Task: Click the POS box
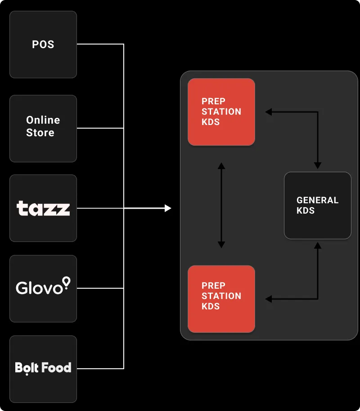(43, 45)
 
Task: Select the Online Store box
(43, 128)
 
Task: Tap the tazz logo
(43, 208)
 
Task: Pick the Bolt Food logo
(43, 368)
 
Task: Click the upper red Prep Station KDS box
(221, 112)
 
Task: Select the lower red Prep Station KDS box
(221, 299)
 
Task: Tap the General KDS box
(318, 205)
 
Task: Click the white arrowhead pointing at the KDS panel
(168, 208)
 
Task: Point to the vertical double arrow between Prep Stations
(221, 205)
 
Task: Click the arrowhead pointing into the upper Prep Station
(269, 112)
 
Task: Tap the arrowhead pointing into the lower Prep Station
(269, 299)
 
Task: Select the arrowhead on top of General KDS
(318, 165)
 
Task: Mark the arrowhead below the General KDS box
(318, 246)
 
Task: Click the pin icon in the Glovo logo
(67, 282)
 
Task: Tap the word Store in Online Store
(40, 133)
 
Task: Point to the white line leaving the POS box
(100, 44)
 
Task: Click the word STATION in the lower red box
(221, 296)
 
